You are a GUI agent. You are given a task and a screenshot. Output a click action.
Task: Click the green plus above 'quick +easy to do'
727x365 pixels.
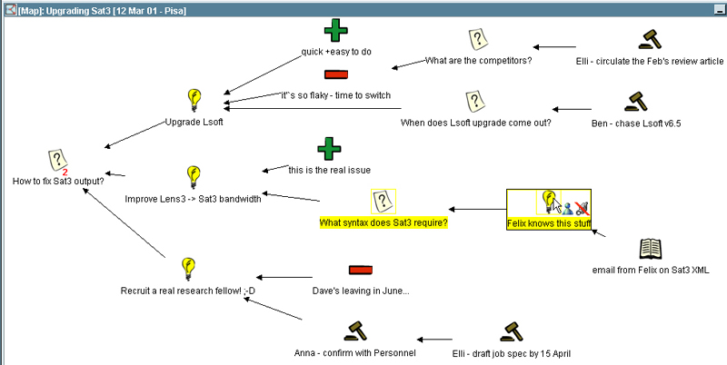(x=335, y=31)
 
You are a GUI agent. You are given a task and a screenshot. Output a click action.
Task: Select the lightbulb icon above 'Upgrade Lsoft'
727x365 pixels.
(x=193, y=99)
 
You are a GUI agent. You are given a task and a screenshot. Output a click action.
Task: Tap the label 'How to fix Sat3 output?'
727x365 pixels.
(x=58, y=181)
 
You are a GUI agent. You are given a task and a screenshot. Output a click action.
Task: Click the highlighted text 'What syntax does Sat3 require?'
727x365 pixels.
(x=383, y=222)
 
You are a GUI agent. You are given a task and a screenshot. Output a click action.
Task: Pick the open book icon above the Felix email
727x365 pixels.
(x=651, y=248)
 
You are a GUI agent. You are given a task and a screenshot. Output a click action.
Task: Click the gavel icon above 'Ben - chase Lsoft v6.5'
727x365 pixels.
(x=634, y=100)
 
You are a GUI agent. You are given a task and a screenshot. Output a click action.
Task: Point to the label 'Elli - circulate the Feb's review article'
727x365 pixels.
(x=650, y=62)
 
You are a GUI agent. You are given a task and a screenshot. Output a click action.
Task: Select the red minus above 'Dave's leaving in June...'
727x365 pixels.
(x=361, y=270)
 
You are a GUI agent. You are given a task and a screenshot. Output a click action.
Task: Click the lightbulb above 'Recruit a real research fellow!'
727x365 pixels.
(x=188, y=268)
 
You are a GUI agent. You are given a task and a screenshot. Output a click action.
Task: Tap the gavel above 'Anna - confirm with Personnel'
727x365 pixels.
(x=354, y=331)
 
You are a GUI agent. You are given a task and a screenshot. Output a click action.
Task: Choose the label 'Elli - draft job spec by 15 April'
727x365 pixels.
(x=512, y=354)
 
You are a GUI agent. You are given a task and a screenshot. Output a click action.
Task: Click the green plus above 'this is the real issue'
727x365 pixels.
(x=329, y=148)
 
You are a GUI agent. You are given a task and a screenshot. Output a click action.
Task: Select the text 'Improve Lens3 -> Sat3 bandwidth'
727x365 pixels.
(x=193, y=199)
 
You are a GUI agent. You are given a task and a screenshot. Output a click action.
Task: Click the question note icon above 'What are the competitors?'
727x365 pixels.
(x=478, y=39)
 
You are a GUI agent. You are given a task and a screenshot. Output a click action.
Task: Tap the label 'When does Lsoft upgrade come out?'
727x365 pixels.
(x=476, y=123)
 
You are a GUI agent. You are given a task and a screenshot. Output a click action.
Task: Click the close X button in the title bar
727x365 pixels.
(x=717, y=7)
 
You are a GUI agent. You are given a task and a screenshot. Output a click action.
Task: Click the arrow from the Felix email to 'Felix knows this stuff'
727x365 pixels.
(x=599, y=236)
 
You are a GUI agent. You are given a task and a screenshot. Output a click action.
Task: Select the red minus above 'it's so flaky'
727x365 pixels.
(x=335, y=74)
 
